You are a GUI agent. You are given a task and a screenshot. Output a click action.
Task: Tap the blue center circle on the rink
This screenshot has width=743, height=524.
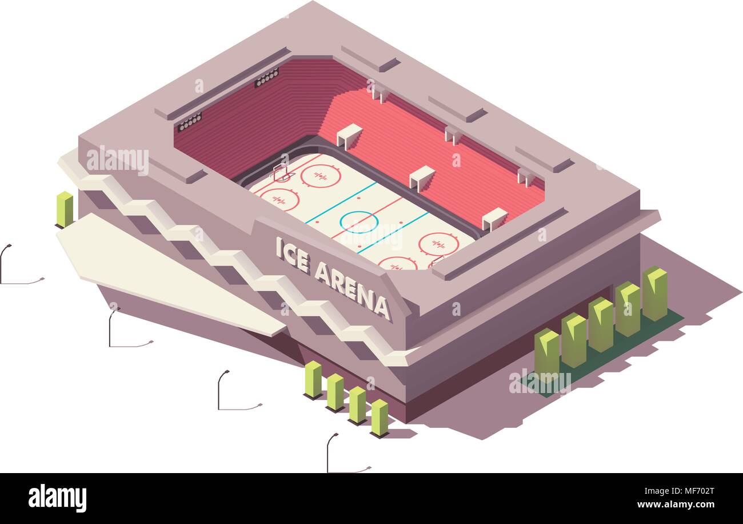[359, 221]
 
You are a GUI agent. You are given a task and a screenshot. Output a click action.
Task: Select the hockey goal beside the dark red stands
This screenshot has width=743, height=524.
[281, 172]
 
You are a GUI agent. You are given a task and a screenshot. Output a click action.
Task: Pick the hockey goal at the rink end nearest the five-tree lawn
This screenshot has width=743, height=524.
[436, 261]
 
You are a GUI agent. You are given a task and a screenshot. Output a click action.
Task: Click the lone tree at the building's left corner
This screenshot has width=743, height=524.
[65, 209]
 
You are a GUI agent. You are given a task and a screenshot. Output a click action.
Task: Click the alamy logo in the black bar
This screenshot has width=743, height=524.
[57, 498]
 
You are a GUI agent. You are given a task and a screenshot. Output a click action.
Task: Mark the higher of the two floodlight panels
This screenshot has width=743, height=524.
[266, 77]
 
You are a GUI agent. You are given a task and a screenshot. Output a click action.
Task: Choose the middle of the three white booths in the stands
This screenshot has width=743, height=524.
[421, 177]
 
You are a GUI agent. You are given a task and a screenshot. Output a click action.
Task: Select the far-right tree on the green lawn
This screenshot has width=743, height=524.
[654, 293]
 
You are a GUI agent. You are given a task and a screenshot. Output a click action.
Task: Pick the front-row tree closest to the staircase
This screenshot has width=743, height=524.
[313, 379]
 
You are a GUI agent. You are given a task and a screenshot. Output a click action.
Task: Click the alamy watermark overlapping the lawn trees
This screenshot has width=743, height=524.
[540, 382]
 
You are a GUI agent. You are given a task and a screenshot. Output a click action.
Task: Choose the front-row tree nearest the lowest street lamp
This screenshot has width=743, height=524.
[379, 418]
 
